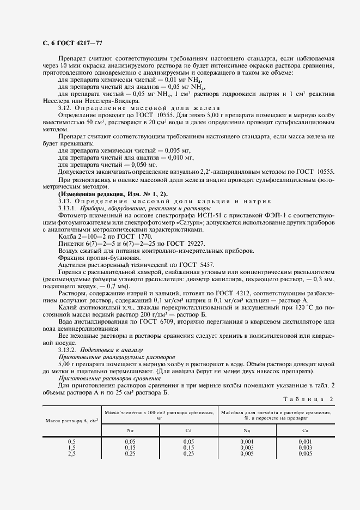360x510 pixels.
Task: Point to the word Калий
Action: pos(67,307)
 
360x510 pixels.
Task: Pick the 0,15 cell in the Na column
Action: pos(130,447)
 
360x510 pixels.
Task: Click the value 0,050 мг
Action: pos(144,164)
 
